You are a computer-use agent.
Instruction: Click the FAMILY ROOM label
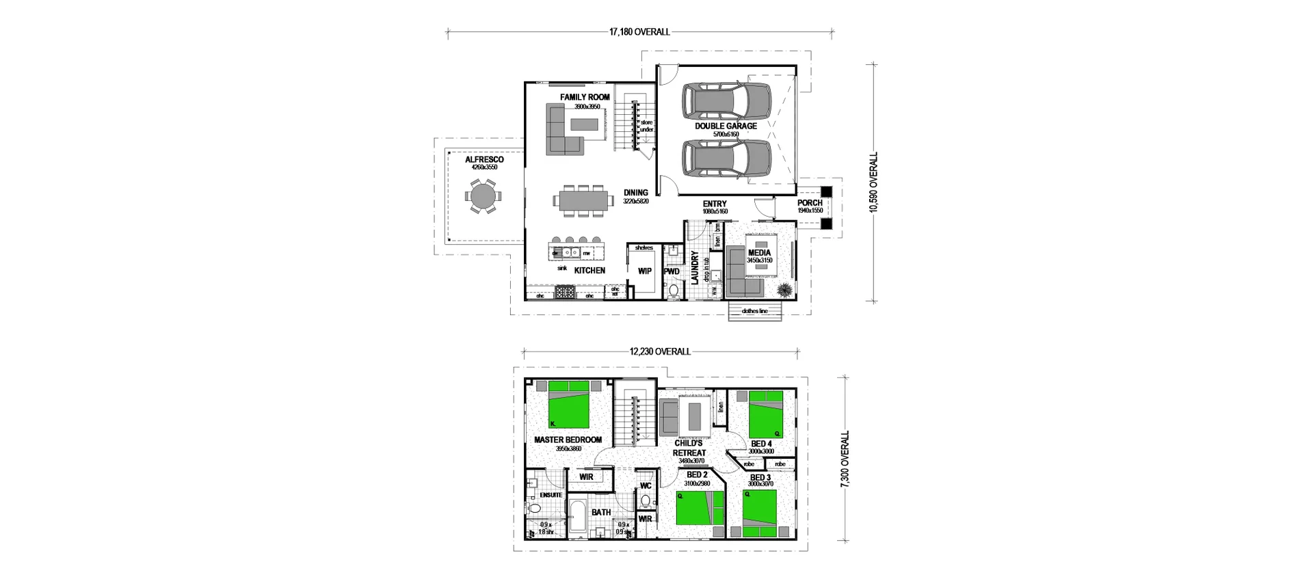(x=585, y=97)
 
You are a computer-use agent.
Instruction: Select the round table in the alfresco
(x=481, y=197)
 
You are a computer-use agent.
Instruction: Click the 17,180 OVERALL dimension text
(x=639, y=31)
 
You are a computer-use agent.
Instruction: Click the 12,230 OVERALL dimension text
(x=660, y=351)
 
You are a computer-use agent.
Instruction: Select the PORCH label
(x=810, y=203)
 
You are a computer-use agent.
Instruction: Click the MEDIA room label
(x=759, y=253)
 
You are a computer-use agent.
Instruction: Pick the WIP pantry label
(x=644, y=271)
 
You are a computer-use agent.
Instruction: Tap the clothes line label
(x=755, y=311)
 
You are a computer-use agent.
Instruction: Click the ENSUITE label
(x=551, y=494)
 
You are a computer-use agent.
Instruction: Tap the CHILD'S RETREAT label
(x=689, y=448)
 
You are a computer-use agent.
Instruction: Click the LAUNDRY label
(x=694, y=268)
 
